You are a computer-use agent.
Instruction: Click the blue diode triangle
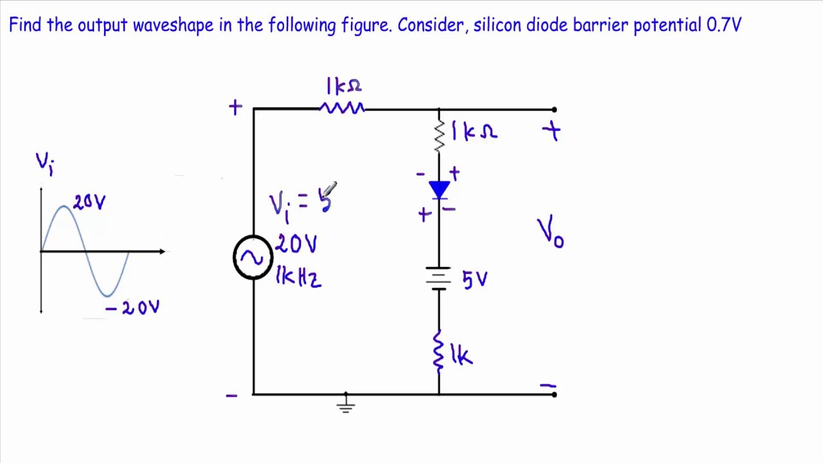439,189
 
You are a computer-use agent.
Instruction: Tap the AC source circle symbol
253,257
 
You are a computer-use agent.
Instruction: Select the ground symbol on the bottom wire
345,403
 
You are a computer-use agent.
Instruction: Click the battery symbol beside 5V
439,278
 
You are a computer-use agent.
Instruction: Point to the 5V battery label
475,280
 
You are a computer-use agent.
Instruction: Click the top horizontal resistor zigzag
342,109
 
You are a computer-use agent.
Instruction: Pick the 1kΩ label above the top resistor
343,86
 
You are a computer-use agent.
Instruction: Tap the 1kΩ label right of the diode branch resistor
474,132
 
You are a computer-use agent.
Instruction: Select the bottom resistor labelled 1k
439,351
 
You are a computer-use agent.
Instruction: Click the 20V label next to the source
296,244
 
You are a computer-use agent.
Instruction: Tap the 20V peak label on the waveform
89,203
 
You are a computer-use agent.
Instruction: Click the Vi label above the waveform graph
44,162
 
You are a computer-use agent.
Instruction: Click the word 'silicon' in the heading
498,25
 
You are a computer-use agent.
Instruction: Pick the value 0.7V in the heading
724,25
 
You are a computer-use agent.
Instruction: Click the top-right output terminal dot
554,109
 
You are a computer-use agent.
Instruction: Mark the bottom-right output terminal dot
554,394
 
